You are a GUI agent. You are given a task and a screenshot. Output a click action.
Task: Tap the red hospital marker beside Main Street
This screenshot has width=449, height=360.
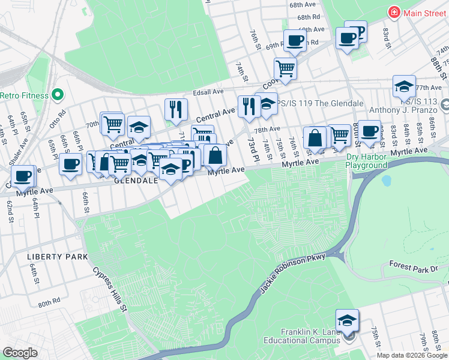coord(394,12)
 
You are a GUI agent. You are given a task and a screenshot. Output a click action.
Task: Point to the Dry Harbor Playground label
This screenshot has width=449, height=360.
coord(367,161)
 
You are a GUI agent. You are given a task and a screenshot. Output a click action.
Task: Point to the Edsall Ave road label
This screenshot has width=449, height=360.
coord(208,92)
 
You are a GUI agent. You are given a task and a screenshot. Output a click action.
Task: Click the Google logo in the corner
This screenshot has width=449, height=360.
coord(20,352)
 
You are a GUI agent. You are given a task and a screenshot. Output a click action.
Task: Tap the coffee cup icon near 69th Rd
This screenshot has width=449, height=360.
coord(294,41)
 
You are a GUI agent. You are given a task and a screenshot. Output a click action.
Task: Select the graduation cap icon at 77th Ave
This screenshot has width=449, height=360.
coord(405,86)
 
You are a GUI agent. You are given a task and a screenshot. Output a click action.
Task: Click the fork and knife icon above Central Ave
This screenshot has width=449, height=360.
coord(176,109)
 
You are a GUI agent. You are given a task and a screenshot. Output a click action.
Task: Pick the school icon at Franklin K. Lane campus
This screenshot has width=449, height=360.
coord(347,320)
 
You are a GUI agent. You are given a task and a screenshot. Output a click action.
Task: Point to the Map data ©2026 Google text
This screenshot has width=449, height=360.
coord(412,355)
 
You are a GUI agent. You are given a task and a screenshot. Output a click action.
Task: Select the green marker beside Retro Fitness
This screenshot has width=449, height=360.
coord(58,94)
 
